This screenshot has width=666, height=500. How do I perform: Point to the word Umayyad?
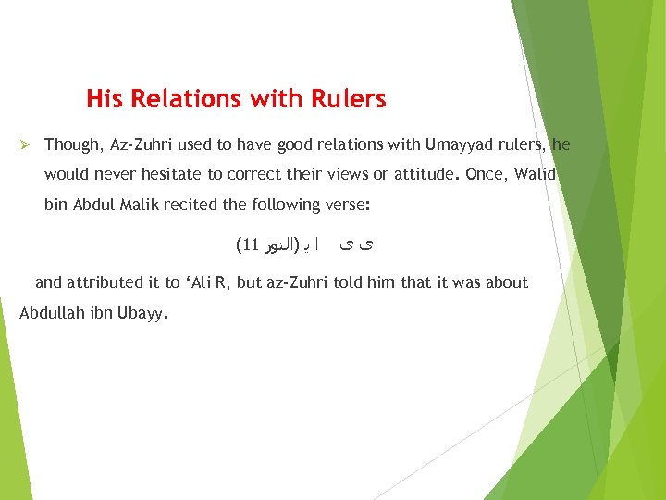coord(459,144)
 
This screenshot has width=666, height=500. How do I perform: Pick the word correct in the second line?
coord(261,174)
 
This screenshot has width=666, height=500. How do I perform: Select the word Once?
coord(486,174)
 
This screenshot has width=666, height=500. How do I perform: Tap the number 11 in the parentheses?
coord(247,245)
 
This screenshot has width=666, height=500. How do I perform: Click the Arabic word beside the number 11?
coord(277,245)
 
